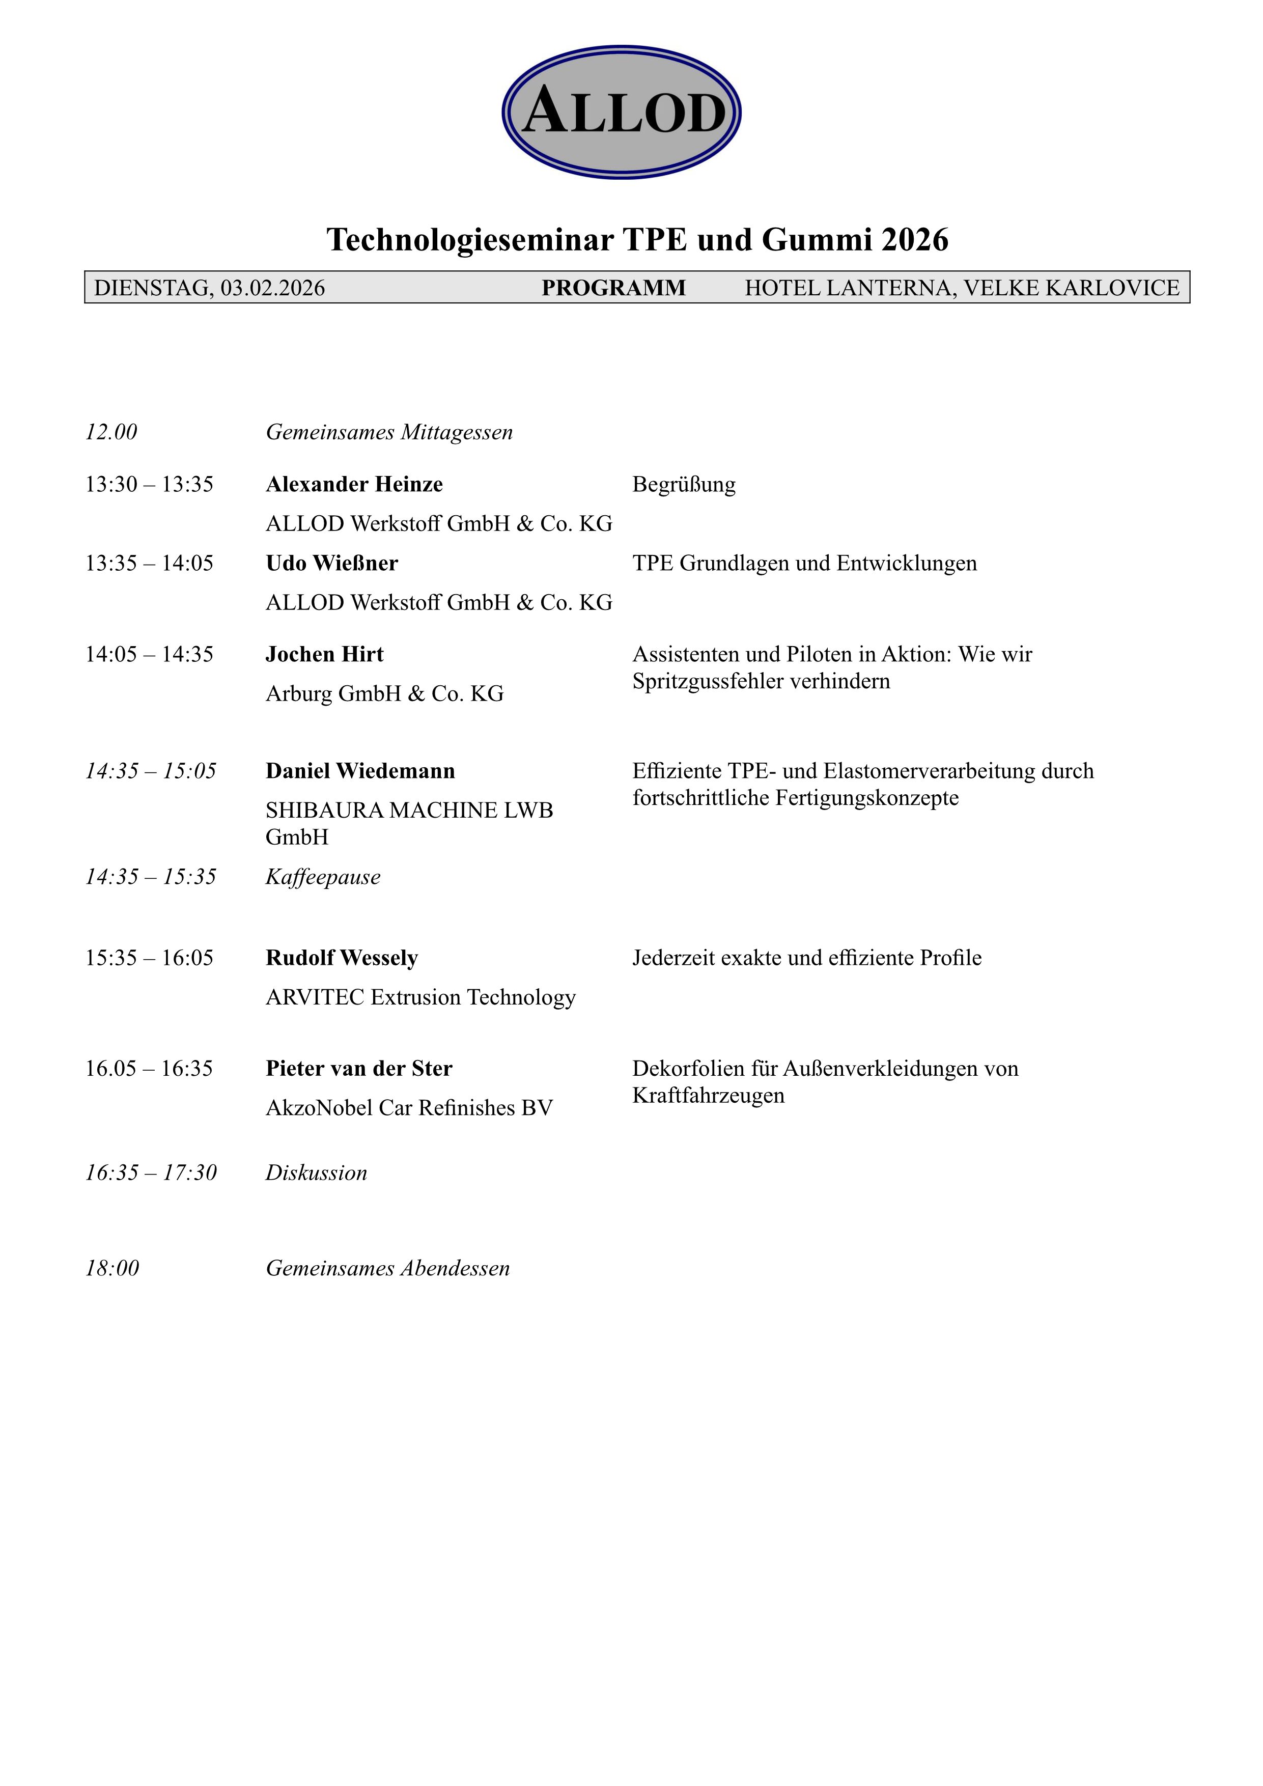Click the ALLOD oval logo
point(622,112)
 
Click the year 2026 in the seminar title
point(915,240)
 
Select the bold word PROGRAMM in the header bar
point(613,288)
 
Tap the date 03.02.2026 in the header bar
point(273,288)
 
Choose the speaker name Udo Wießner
point(331,563)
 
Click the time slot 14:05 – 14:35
point(149,654)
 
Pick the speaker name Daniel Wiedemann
point(360,771)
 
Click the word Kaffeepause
point(323,877)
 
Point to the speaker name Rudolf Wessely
point(342,958)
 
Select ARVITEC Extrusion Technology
point(420,997)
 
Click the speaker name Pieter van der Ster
point(358,1069)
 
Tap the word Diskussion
point(316,1173)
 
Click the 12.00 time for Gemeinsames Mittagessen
point(111,432)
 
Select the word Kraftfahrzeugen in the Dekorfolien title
point(708,1095)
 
